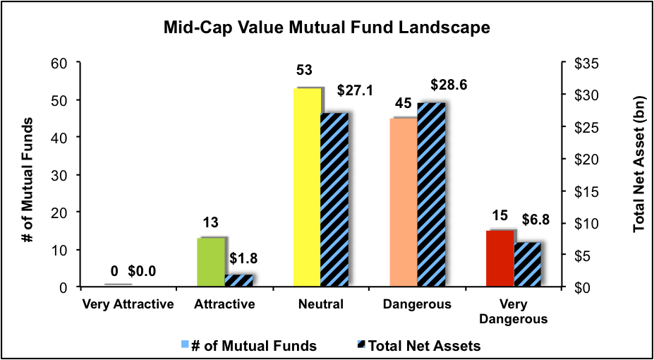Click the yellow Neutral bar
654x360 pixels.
(307, 188)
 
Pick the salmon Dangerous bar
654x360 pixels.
(404, 203)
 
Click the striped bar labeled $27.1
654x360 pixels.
(334, 200)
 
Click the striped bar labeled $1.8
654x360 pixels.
(238, 280)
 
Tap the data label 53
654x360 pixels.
(305, 71)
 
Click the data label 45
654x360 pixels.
(403, 104)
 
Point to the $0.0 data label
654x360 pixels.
(142, 270)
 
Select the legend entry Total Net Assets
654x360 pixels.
(419, 345)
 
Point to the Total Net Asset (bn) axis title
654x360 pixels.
(639, 174)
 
